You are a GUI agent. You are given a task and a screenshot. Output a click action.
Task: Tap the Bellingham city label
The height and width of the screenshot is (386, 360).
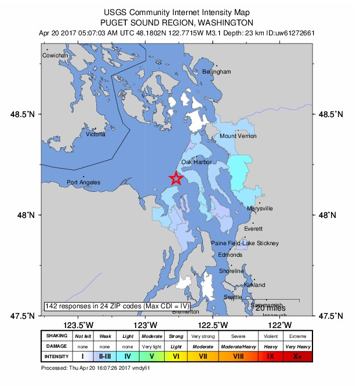[217, 71]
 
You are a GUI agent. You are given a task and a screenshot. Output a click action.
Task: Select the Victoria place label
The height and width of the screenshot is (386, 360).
[96, 134]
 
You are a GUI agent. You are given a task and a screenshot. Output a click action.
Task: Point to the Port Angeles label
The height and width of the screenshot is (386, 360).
[83, 183]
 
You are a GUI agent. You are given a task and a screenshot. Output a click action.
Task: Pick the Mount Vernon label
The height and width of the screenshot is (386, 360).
[238, 136]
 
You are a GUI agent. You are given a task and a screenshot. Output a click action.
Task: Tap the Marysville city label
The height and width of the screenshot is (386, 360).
[260, 209]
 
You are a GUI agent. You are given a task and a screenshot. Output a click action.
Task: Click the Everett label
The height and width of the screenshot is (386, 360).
[253, 229]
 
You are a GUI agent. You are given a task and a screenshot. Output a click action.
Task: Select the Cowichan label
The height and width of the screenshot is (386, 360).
[56, 56]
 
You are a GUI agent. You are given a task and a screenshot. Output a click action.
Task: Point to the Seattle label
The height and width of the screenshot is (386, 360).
[233, 297]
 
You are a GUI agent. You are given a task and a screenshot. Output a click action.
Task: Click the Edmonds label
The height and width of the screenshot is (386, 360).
[231, 255]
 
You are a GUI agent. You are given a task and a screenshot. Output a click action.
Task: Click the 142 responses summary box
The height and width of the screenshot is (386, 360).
[117, 306]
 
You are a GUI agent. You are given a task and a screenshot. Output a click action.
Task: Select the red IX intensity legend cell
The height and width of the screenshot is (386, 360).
[270, 356]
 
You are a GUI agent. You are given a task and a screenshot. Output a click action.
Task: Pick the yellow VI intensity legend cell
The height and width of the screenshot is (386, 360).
[176, 356]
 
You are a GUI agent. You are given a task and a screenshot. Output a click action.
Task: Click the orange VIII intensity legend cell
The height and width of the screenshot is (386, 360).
[238, 356]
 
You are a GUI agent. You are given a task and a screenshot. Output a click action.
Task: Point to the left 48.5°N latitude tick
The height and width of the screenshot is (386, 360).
[31, 115]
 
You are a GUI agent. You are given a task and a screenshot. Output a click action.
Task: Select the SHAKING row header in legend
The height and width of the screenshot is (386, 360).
[57, 336]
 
